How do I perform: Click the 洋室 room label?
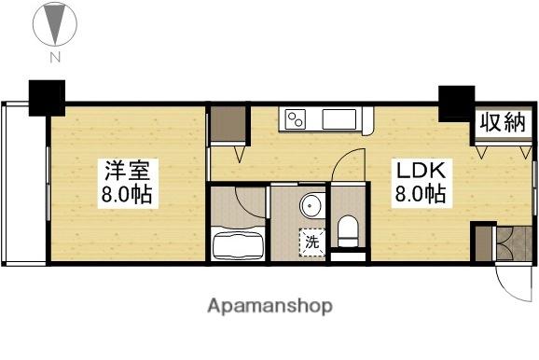(x=129, y=172)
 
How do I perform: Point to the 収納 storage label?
(x=503, y=123)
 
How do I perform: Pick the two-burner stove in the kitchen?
(x=297, y=118)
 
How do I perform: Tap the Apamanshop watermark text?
(x=269, y=306)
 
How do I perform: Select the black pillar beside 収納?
(x=456, y=103)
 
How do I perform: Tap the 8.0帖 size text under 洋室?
(x=129, y=197)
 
